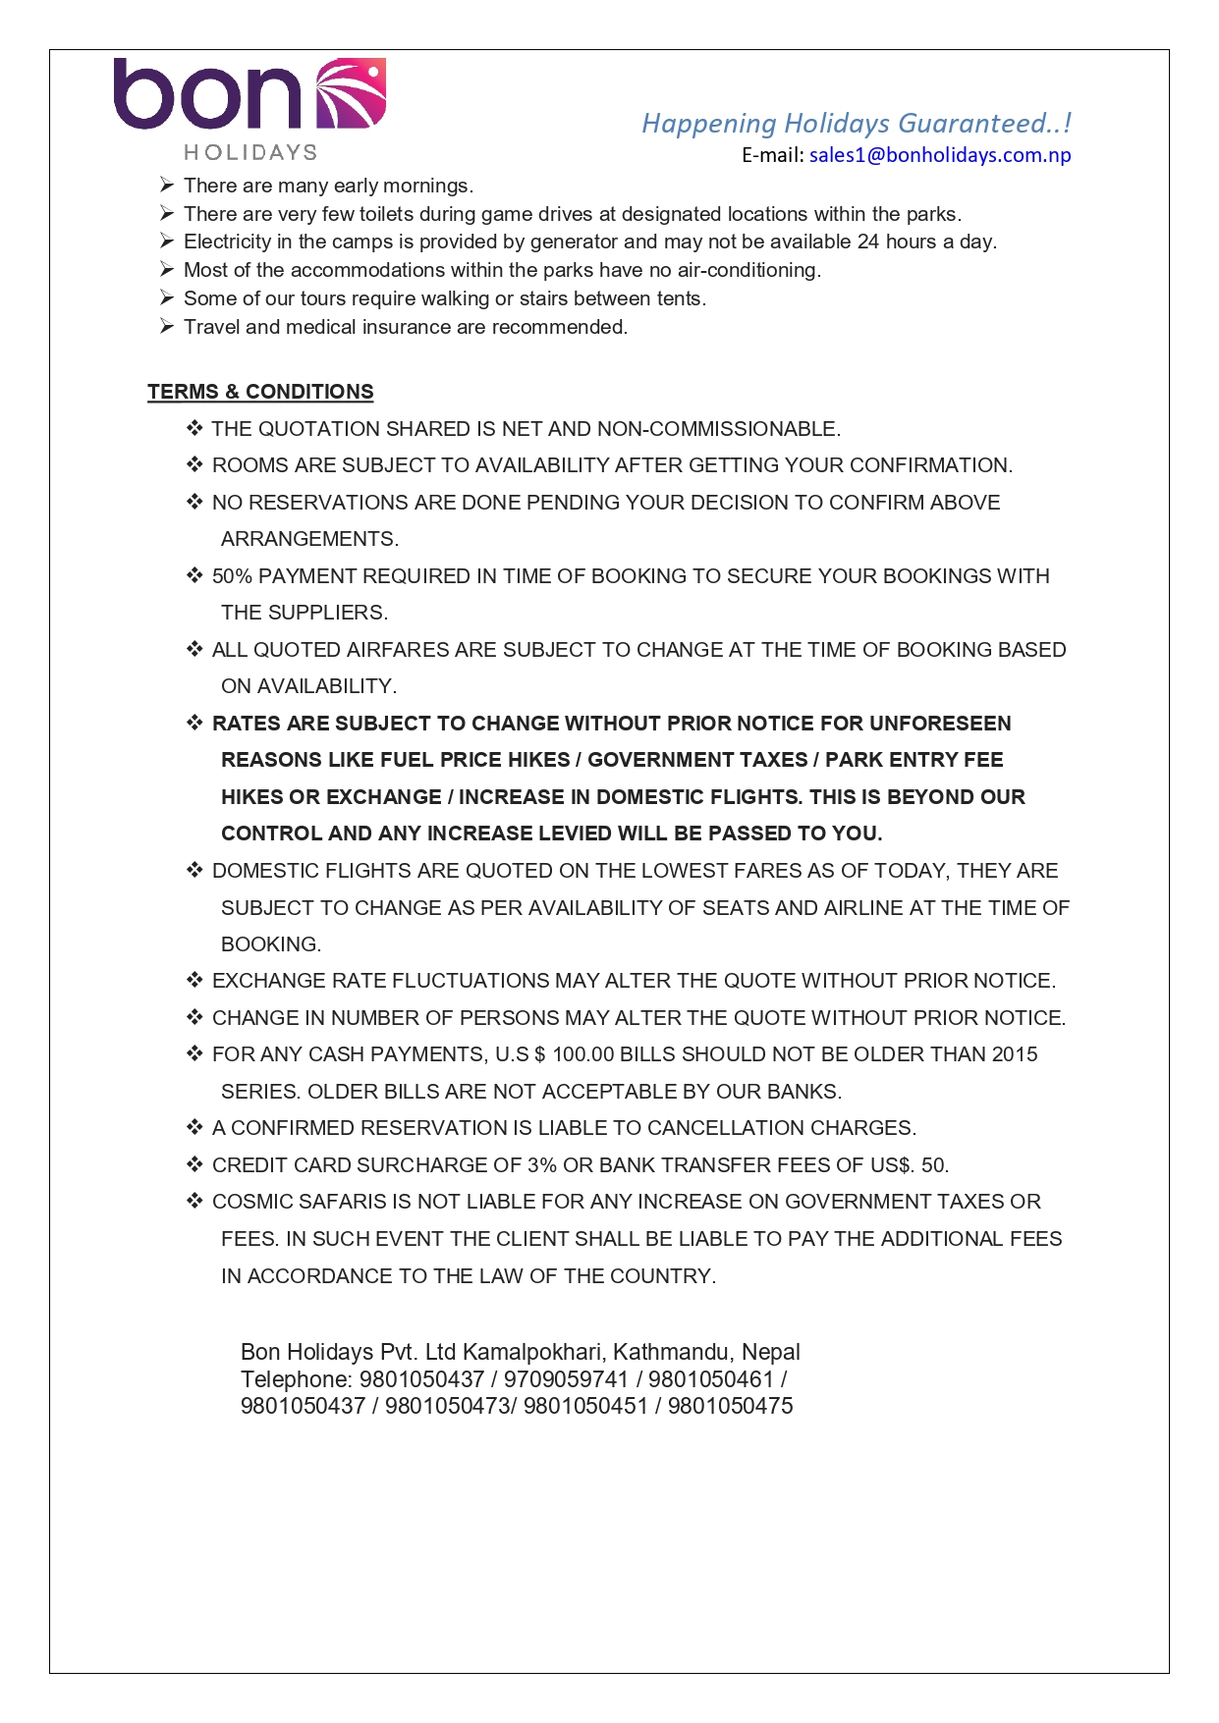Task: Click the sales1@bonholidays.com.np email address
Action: click(x=939, y=155)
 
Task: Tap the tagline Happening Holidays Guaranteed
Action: click(x=856, y=124)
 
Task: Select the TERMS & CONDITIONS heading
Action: click(x=260, y=392)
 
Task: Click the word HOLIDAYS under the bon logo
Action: click(x=250, y=152)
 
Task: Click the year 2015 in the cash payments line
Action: click(x=1014, y=1054)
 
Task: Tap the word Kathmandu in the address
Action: click(x=672, y=1352)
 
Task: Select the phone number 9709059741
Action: click(x=566, y=1379)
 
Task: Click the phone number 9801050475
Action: click(x=730, y=1406)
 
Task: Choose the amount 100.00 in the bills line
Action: click(x=582, y=1054)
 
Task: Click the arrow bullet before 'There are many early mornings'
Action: click(x=167, y=186)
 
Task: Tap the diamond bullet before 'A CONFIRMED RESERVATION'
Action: click(x=194, y=1127)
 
